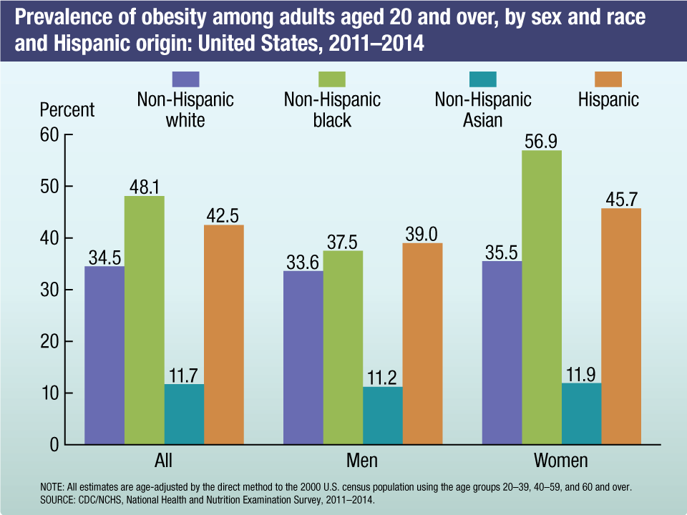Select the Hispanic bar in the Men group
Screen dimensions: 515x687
click(422, 343)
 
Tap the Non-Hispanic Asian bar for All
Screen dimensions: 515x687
click(184, 414)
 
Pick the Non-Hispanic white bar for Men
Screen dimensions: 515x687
click(303, 358)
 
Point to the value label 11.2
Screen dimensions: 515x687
click(383, 376)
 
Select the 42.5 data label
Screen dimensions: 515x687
click(224, 214)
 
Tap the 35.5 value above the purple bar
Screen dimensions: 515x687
click(502, 250)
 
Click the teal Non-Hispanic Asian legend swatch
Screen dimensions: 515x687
click(483, 79)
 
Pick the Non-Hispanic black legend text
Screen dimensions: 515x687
click(332, 109)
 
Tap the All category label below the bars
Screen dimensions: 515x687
click(163, 460)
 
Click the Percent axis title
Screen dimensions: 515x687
click(67, 110)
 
